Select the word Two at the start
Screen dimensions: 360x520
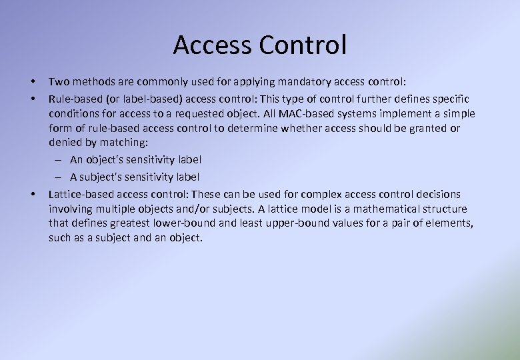point(59,82)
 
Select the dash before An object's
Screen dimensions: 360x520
point(59,160)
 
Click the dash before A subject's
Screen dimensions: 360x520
point(59,177)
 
